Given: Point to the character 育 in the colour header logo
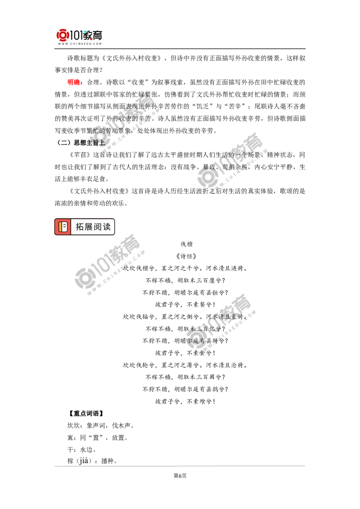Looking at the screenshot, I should [98, 35].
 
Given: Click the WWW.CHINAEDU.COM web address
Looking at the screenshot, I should [79, 44].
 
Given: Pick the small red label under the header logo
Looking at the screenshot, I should [74, 82].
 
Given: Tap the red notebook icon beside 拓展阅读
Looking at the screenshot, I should [63, 227].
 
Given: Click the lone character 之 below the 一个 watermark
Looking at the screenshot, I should [213, 191].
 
